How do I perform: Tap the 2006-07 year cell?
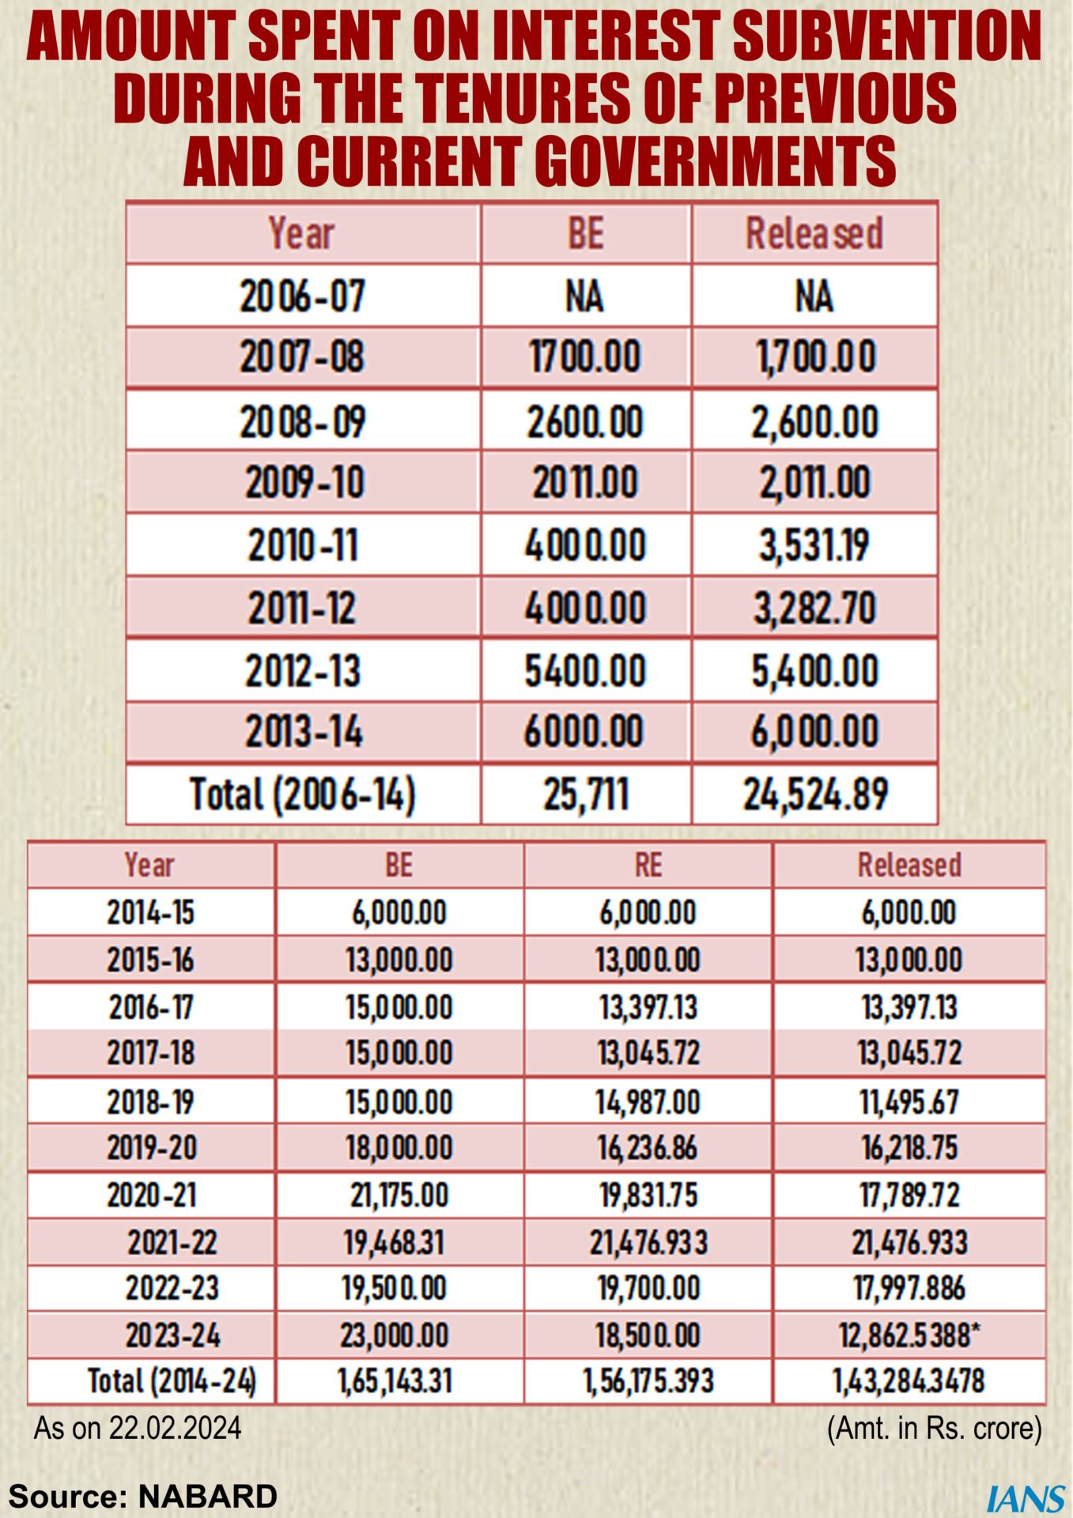point(303,296)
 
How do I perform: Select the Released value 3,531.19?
point(814,546)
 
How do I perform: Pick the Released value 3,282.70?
point(814,608)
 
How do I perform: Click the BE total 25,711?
point(586,795)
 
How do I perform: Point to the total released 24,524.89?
point(814,795)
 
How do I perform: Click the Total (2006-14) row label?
point(303,795)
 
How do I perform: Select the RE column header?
point(648,865)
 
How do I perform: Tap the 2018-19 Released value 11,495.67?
point(909,1101)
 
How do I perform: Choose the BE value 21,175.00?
point(399,1195)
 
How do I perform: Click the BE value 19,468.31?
point(394,1243)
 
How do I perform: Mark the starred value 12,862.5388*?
point(909,1335)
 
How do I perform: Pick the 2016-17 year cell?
point(151,1007)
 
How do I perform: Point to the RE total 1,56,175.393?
point(648,1381)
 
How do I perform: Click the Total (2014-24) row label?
point(172,1381)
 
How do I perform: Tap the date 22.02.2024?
point(176,1429)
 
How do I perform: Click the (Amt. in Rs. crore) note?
point(935,1429)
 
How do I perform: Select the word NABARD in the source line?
point(207,1497)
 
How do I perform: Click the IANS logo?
point(1026,1499)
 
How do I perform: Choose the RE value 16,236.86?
point(648,1148)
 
